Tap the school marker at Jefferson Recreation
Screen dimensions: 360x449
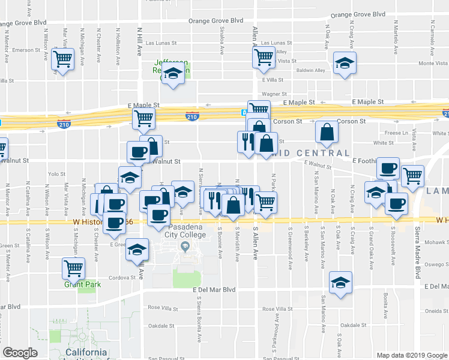pyautogui.click(x=173, y=74)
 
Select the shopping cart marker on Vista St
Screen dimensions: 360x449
pyautogui.click(x=263, y=58)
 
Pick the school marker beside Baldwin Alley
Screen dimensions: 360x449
pyautogui.click(x=345, y=64)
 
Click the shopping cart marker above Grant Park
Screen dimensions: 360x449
pyautogui.click(x=73, y=268)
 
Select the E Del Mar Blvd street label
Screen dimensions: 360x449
pyautogui.click(x=214, y=289)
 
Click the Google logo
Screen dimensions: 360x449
pyautogui.click(x=20, y=353)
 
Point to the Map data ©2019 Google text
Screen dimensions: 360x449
pyautogui.click(x=412, y=355)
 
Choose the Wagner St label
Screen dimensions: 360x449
pyautogui.click(x=273, y=94)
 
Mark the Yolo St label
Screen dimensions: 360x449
pyautogui.click(x=56, y=174)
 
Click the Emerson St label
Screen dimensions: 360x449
pyautogui.click(x=25, y=50)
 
